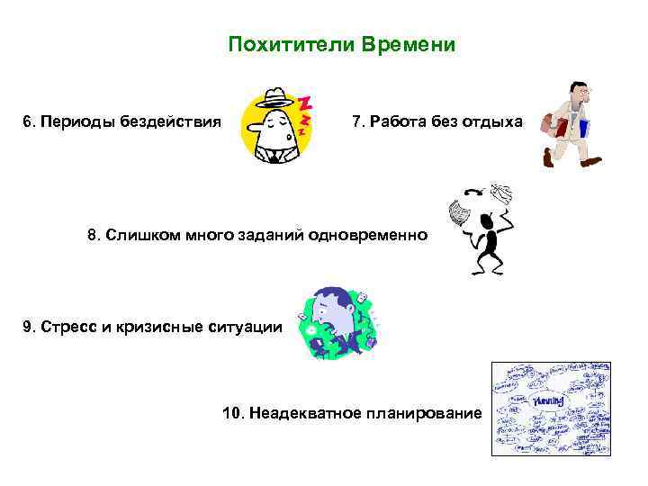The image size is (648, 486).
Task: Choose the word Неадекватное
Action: pos(300,413)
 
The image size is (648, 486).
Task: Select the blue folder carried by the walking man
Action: pos(583,127)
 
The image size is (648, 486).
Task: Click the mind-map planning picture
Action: pos(551,409)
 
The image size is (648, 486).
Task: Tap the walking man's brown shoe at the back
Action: pos(548,158)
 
